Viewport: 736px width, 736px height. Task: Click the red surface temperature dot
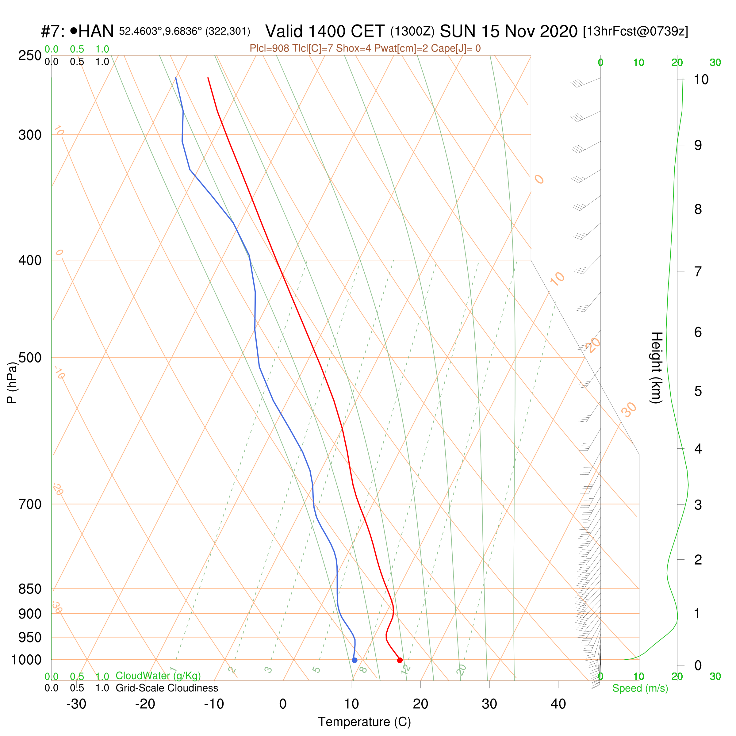tap(400, 660)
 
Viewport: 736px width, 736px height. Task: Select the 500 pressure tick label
tap(30, 358)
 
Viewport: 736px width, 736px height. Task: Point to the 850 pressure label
tap(30, 589)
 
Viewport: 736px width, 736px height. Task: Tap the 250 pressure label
tap(30, 56)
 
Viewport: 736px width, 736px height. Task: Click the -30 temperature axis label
tap(76, 704)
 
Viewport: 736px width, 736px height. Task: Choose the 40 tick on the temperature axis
tap(558, 704)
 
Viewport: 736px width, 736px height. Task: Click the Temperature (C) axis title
tap(365, 722)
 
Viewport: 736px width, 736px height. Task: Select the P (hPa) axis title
tap(12, 382)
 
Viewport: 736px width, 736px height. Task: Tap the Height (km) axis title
tap(656, 368)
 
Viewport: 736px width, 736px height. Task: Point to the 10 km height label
tap(701, 80)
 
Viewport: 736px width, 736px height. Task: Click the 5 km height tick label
tap(698, 391)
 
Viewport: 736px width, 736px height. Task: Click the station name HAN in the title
tap(96, 31)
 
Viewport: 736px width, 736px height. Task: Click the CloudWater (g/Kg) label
tap(158, 676)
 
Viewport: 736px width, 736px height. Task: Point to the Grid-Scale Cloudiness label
tap(167, 688)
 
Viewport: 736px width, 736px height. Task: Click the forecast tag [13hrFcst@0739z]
tap(635, 31)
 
